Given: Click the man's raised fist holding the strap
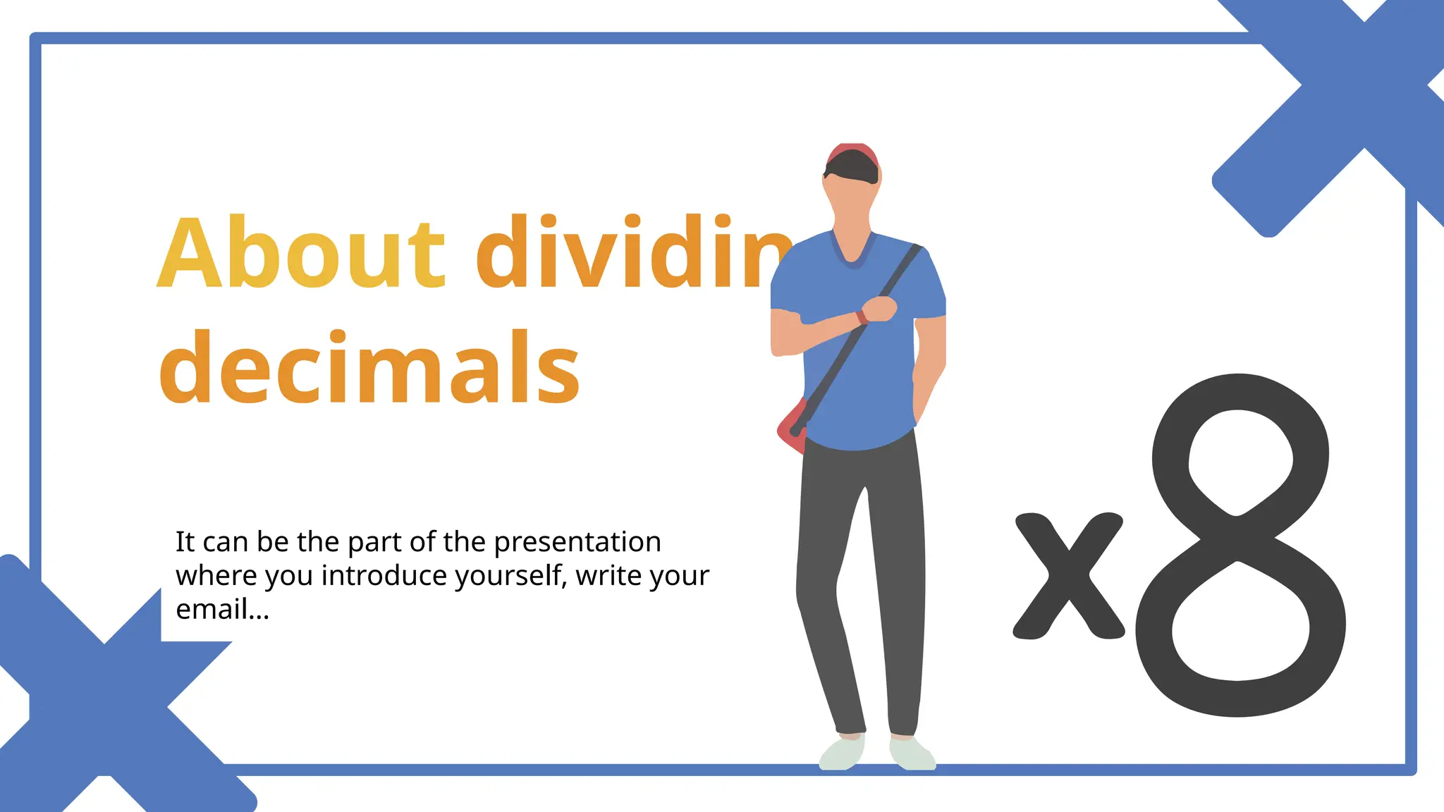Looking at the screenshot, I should click(x=881, y=309).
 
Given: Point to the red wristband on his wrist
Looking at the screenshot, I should click(x=862, y=316).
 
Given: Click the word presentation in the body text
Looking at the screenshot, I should click(x=577, y=542).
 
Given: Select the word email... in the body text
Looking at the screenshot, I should click(x=222, y=610).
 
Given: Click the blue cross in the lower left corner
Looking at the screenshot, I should click(x=106, y=705).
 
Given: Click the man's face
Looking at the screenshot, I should click(x=852, y=201).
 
